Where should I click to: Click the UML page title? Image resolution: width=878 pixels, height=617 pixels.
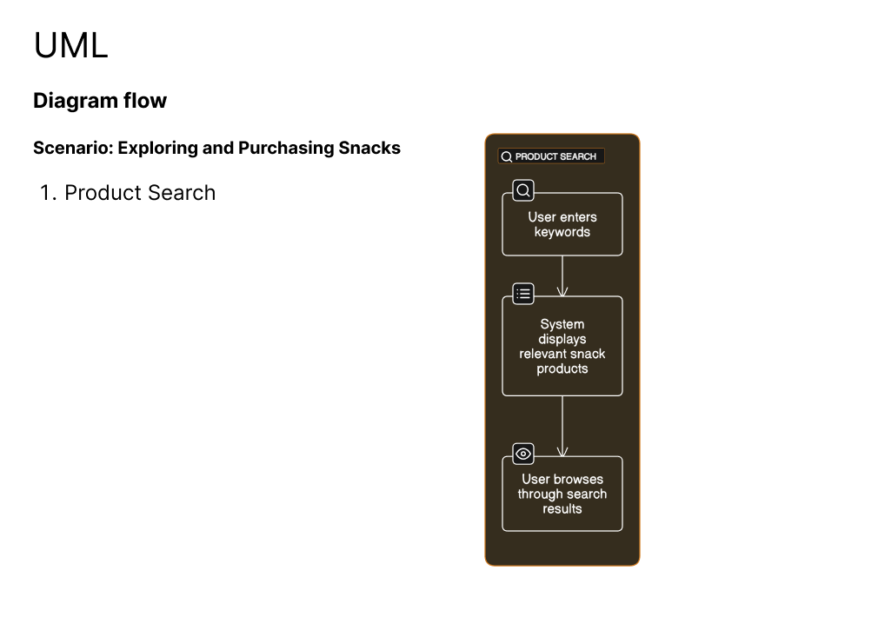click(x=71, y=45)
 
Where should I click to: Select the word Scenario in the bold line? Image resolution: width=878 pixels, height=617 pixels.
click(x=73, y=148)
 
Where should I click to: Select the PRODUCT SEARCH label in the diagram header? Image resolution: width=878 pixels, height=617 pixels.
click(x=555, y=156)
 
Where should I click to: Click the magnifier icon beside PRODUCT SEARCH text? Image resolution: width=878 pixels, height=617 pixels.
click(x=507, y=156)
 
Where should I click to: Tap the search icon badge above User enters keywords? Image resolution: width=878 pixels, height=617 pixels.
click(x=523, y=190)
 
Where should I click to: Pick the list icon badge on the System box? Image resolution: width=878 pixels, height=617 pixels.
click(x=523, y=294)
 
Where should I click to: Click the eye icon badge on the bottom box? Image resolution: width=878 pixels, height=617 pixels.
click(x=523, y=454)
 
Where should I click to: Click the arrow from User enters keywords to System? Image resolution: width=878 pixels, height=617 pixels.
click(x=562, y=276)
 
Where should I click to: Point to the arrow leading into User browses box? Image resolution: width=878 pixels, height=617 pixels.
click(x=562, y=426)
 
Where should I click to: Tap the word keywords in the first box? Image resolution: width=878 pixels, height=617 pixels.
click(x=562, y=232)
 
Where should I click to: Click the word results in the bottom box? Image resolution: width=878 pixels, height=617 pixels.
click(x=562, y=509)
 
